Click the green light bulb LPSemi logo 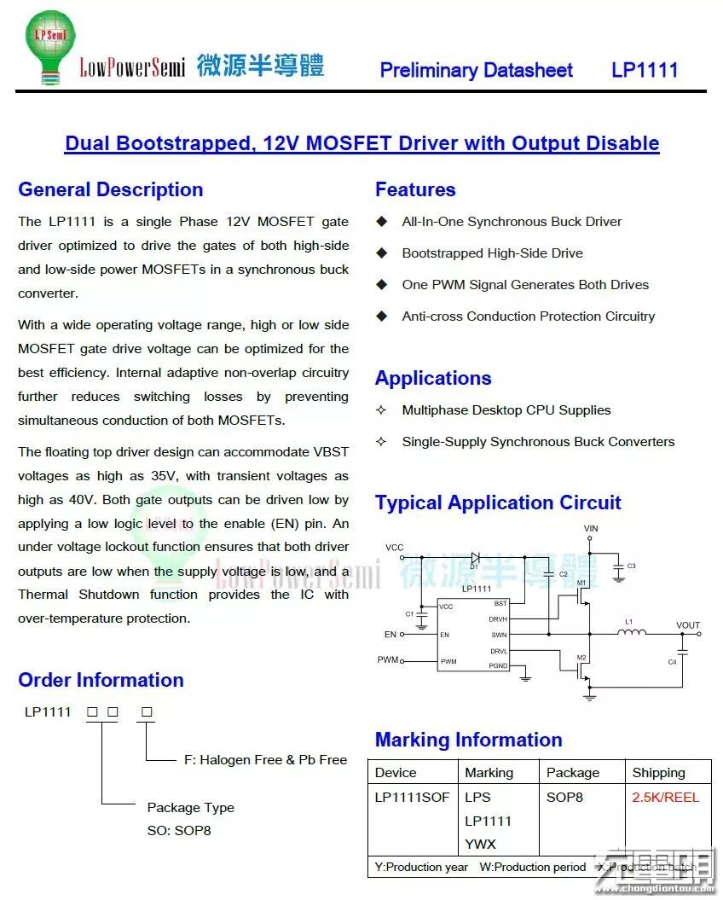click(50, 45)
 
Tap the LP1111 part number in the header click(645, 70)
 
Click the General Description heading click(111, 189)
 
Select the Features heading click(415, 189)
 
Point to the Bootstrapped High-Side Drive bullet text click(492, 253)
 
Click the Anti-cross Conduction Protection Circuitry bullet click(528, 316)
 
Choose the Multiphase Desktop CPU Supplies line click(506, 410)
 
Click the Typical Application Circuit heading click(498, 502)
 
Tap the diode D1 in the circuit click(475, 558)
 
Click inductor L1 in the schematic click(631, 632)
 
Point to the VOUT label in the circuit click(687, 625)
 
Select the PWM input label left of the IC click(388, 660)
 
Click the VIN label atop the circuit click(591, 529)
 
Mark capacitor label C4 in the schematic click(672, 662)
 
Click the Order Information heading click(101, 680)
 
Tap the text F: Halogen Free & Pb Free click(265, 760)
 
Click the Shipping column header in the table click(658, 773)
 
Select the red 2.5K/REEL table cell click(665, 798)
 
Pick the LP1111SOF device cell click(412, 798)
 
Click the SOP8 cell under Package click(564, 798)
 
